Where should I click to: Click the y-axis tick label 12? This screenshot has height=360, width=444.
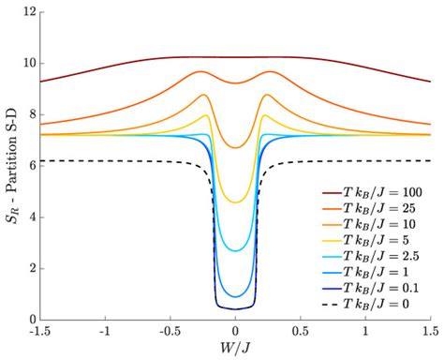click(30, 12)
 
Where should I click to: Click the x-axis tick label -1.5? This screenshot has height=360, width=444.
click(40, 332)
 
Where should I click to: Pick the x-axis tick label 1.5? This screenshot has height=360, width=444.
click(429, 332)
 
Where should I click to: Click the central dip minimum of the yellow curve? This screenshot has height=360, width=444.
click(235, 202)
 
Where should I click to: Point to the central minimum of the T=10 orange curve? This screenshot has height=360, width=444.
click(235, 147)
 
